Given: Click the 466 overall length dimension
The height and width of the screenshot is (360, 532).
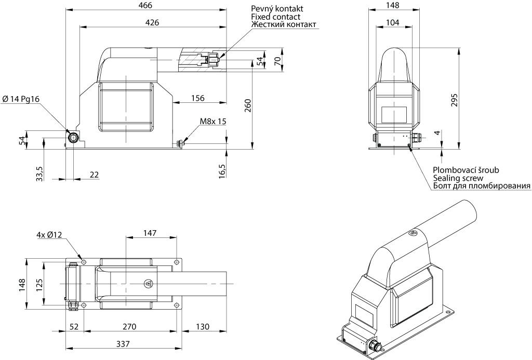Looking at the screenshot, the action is (145, 5).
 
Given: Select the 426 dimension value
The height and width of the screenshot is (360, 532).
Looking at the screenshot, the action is (152, 22).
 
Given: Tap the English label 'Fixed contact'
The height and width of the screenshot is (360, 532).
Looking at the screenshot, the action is (275, 17).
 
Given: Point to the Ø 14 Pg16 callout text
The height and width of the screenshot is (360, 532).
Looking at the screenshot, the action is (21, 99).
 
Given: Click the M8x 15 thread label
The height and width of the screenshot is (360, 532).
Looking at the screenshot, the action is (212, 121).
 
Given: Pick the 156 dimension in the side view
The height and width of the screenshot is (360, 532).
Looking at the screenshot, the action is (198, 98).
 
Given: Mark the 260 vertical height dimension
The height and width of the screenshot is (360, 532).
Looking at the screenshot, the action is (248, 105).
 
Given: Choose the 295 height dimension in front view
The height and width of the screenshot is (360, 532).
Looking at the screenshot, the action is (454, 100).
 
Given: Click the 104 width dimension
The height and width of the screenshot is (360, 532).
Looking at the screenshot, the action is (393, 22).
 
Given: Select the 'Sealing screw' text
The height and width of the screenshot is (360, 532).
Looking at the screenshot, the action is (458, 178).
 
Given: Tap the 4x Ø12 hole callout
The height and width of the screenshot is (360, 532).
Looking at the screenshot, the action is (49, 234).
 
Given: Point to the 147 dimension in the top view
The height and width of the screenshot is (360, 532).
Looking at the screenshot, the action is (150, 233).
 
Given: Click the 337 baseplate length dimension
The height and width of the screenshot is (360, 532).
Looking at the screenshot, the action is (123, 344).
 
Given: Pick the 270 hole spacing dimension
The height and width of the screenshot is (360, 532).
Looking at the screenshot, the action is (129, 326).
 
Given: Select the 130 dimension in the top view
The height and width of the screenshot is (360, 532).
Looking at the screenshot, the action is (203, 326).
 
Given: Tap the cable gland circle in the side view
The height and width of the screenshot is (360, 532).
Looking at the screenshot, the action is (73, 138).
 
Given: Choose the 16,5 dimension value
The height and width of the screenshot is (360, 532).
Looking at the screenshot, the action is (222, 170).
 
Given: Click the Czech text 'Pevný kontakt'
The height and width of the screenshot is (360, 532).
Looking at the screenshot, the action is (277, 8).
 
